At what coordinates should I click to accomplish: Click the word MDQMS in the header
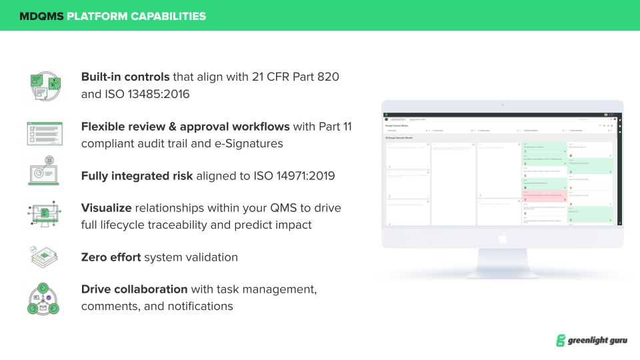pos(41,16)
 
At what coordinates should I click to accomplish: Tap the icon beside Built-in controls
pos(45,85)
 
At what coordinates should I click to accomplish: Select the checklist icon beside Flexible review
pos(45,134)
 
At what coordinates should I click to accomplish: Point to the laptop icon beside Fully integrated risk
pos(45,171)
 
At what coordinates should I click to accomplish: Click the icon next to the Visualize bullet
pos(45,215)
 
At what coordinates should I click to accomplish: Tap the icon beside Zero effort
pos(45,257)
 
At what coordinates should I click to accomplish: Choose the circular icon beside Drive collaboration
pos(45,298)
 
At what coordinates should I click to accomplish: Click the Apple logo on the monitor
pos(503,237)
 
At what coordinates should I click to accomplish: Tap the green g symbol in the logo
pos(561,341)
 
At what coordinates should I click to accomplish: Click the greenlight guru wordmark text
pos(597,341)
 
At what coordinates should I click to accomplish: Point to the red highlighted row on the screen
pos(543,196)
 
